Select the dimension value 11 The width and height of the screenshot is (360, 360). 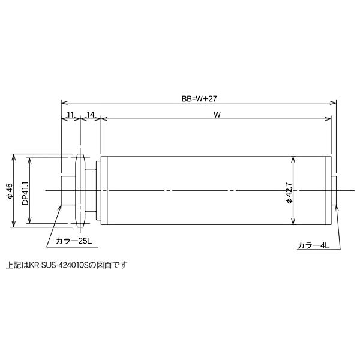tap(70, 114)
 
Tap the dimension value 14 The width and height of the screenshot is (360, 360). tap(91, 114)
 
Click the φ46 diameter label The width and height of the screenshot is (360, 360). tap(8, 191)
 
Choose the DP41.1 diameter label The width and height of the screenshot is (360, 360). tap(25, 191)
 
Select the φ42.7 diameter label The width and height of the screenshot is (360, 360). tap(289, 191)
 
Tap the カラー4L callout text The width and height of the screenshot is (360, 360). tap(313, 245)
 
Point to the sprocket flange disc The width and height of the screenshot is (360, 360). tap(80, 191)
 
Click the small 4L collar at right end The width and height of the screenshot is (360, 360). tap(335, 191)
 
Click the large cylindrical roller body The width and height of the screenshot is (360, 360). tap(216, 191)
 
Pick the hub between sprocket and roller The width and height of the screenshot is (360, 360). tap(91, 191)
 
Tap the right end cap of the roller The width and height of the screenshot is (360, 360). tap(329, 191)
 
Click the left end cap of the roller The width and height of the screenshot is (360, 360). tap(104, 191)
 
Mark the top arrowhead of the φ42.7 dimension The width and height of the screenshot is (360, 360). tap(293, 160)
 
